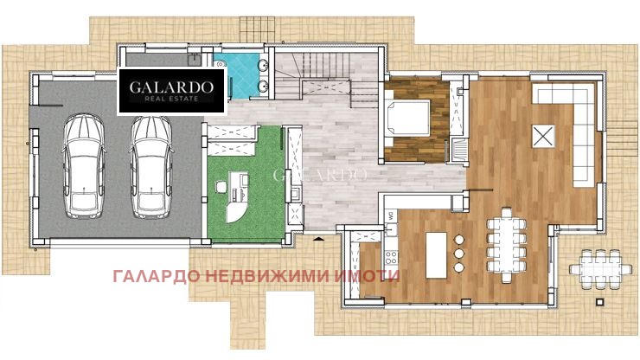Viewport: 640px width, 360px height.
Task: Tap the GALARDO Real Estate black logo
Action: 171,91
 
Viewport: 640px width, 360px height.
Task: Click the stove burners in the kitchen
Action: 390,257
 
